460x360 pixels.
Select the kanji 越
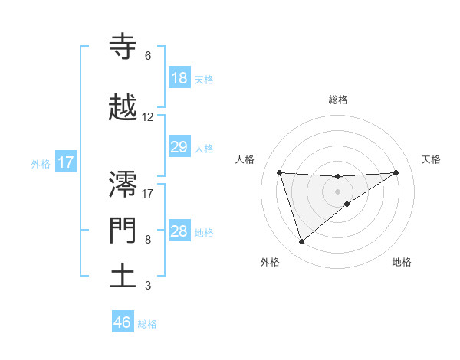pyautogui.click(x=123, y=109)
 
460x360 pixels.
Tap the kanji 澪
pyautogui.click(x=123, y=185)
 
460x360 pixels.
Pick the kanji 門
pyautogui.click(x=123, y=231)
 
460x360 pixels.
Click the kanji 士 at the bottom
pyautogui.click(x=123, y=277)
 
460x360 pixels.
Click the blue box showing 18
pyautogui.click(x=179, y=78)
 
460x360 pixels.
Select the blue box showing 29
pyautogui.click(x=179, y=147)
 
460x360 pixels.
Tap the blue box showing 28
pyautogui.click(x=179, y=231)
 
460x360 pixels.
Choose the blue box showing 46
pyautogui.click(x=123, y=322)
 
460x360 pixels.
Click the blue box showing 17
pyautogui.click(x=65, y=162)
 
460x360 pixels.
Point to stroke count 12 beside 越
pyautogui.click(x=148, y=117)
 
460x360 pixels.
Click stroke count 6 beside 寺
pyautogui.click(x=148, y=56)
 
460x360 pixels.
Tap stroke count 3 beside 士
pyautogui.click(x=148, y=286)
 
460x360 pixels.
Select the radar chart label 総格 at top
pyautogui.click(x=338, y=100)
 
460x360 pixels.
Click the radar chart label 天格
pyautogui.click(x=431, y=159)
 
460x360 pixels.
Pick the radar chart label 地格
pyautogui.click(x=402, y=262)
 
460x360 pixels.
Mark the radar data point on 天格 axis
pyautogui.click(x=396, y=172)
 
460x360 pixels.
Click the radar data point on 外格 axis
pyautogui.click(x=301, y=242)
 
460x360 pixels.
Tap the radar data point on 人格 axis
pyautogui.click(x=280, y=172)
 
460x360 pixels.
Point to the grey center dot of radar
pyautogui.click(x=338, y=191)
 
